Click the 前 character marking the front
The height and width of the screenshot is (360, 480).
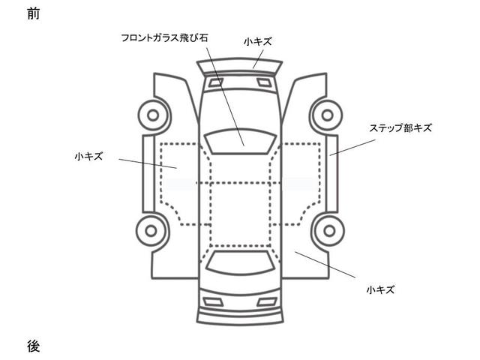click(32, 14)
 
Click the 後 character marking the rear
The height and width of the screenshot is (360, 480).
click(32, 346)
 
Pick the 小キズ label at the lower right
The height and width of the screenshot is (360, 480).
click(381, 289)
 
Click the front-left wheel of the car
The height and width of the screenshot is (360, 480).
click(154, 116)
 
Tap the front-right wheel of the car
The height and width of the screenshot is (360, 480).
click(325, 116)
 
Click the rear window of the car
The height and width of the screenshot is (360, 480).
click(239, 262)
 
